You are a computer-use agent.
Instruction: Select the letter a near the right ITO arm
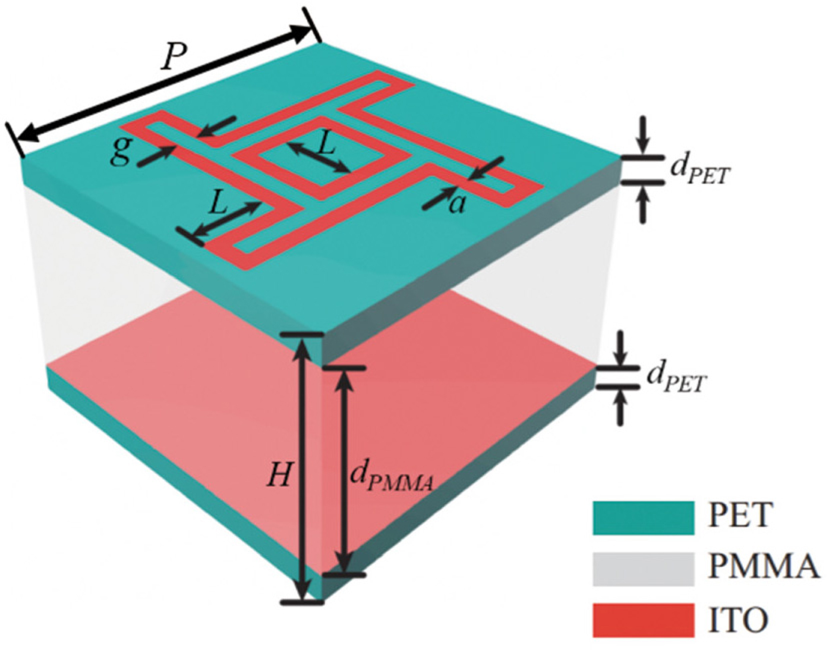[456, 204]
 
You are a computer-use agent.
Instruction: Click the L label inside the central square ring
[327, 143]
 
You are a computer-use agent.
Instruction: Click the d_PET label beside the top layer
[699, 171]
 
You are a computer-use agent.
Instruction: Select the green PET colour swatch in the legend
[644, 517]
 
